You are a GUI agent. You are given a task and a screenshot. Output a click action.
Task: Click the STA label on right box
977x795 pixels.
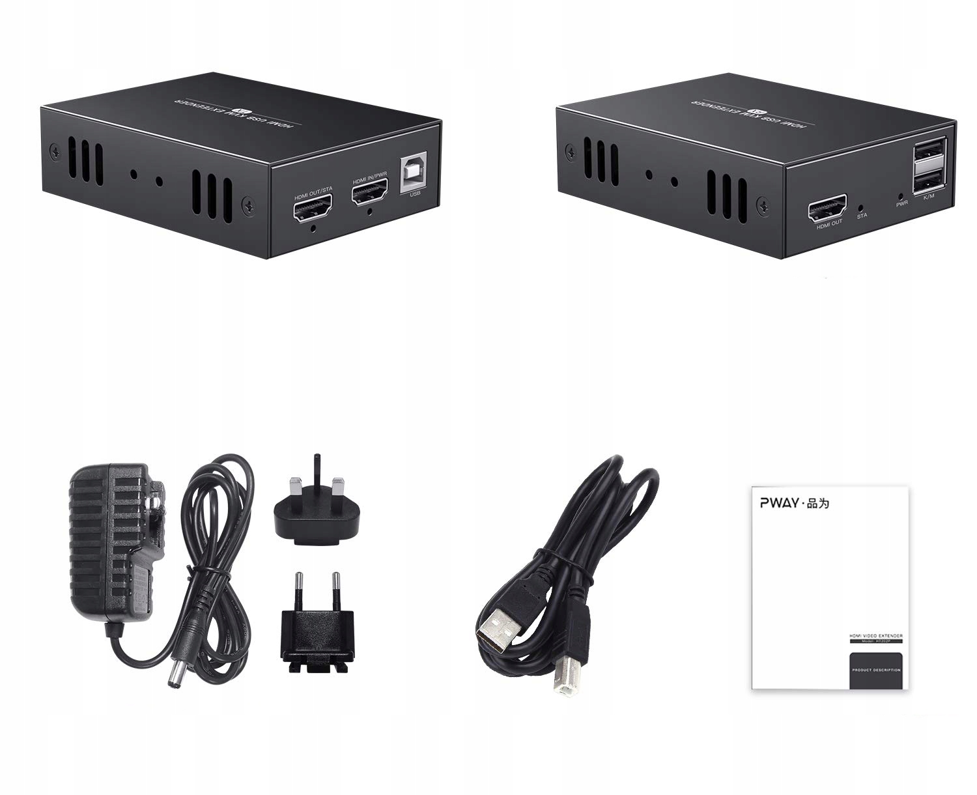pos(862,216)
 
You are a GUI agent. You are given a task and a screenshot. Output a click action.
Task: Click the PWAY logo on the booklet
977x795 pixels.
pos(780,502)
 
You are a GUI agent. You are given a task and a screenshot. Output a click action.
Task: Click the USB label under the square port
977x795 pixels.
pos(415,194)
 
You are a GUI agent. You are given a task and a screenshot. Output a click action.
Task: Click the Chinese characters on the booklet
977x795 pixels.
pos(819,502)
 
